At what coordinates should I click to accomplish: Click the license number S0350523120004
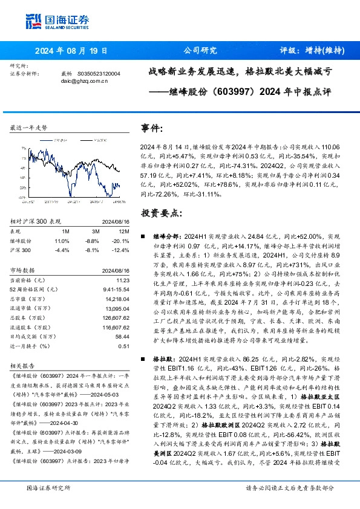pyautogui.click(x=100, y=73)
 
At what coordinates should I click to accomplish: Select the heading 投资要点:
pyautogui.click(x=160, y=213)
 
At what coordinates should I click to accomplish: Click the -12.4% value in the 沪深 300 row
pyautogui.click(x=121, y=249)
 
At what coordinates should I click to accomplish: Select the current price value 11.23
pyautogui.click(x=123, y=279)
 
